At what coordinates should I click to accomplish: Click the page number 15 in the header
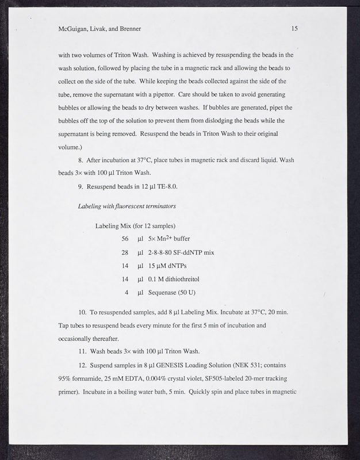[x=294, y=28]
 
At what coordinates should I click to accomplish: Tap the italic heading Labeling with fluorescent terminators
[x=127, y=205]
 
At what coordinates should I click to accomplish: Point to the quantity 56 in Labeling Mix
[x=125, y=238]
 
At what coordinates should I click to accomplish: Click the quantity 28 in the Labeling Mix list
[x=125, y=252]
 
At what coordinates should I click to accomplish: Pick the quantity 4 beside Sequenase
[x=127, y=292]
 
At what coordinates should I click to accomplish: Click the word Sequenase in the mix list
[x=164, y=292]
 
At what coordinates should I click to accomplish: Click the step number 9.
[x=81, y=186]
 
